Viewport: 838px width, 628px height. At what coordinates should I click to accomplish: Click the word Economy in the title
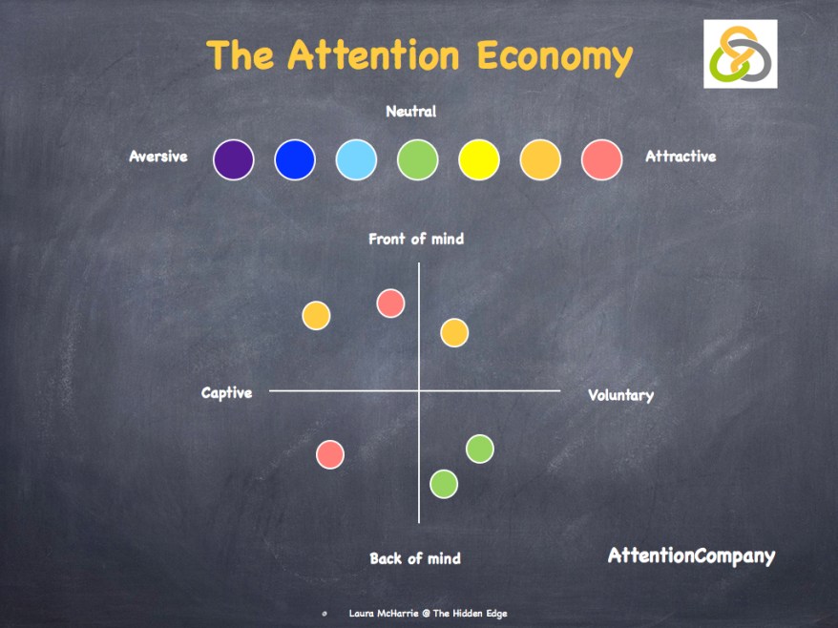click(x=555, y=57)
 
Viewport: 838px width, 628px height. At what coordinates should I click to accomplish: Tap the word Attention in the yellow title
click(x=373, y=54)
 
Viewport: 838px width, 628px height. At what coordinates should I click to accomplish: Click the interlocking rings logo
click(x=741, y=54)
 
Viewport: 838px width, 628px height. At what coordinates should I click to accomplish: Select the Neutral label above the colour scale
click(x=411, y=111)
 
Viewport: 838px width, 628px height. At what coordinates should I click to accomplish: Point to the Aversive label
click(x=158, y=157)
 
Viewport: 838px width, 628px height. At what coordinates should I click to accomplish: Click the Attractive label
click(x=681, y=157)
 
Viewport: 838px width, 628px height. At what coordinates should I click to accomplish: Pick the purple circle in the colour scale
click(x=234, y=159)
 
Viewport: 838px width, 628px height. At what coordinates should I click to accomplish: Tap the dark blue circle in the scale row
click(x=295, y=159)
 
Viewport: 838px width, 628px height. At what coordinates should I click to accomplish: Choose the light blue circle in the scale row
click(x=356, y=159)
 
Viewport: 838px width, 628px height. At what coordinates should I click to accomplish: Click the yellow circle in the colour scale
click(x=479, y=159)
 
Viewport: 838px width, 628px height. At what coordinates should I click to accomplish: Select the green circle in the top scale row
click(x=418, y=159)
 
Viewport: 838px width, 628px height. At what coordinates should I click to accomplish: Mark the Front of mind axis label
click(x=416, y=239)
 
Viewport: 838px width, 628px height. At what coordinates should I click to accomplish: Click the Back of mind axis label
click(x=415, y=558)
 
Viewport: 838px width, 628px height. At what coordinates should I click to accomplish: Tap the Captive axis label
click(x=226, y=393)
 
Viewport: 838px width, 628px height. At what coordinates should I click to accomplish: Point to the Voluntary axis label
click(x=620, y=395)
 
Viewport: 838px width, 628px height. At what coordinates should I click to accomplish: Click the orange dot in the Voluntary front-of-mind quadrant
click(x=455, y=333)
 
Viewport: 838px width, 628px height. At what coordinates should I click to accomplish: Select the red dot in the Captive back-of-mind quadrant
click(x=330, y=455)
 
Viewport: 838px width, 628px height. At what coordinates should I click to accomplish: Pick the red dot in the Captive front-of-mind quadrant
click(x=390, y=304)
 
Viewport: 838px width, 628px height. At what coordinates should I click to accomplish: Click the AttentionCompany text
click(x=692, y=556)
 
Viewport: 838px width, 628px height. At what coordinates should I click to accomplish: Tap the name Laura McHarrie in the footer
click(x=383, y=613)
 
